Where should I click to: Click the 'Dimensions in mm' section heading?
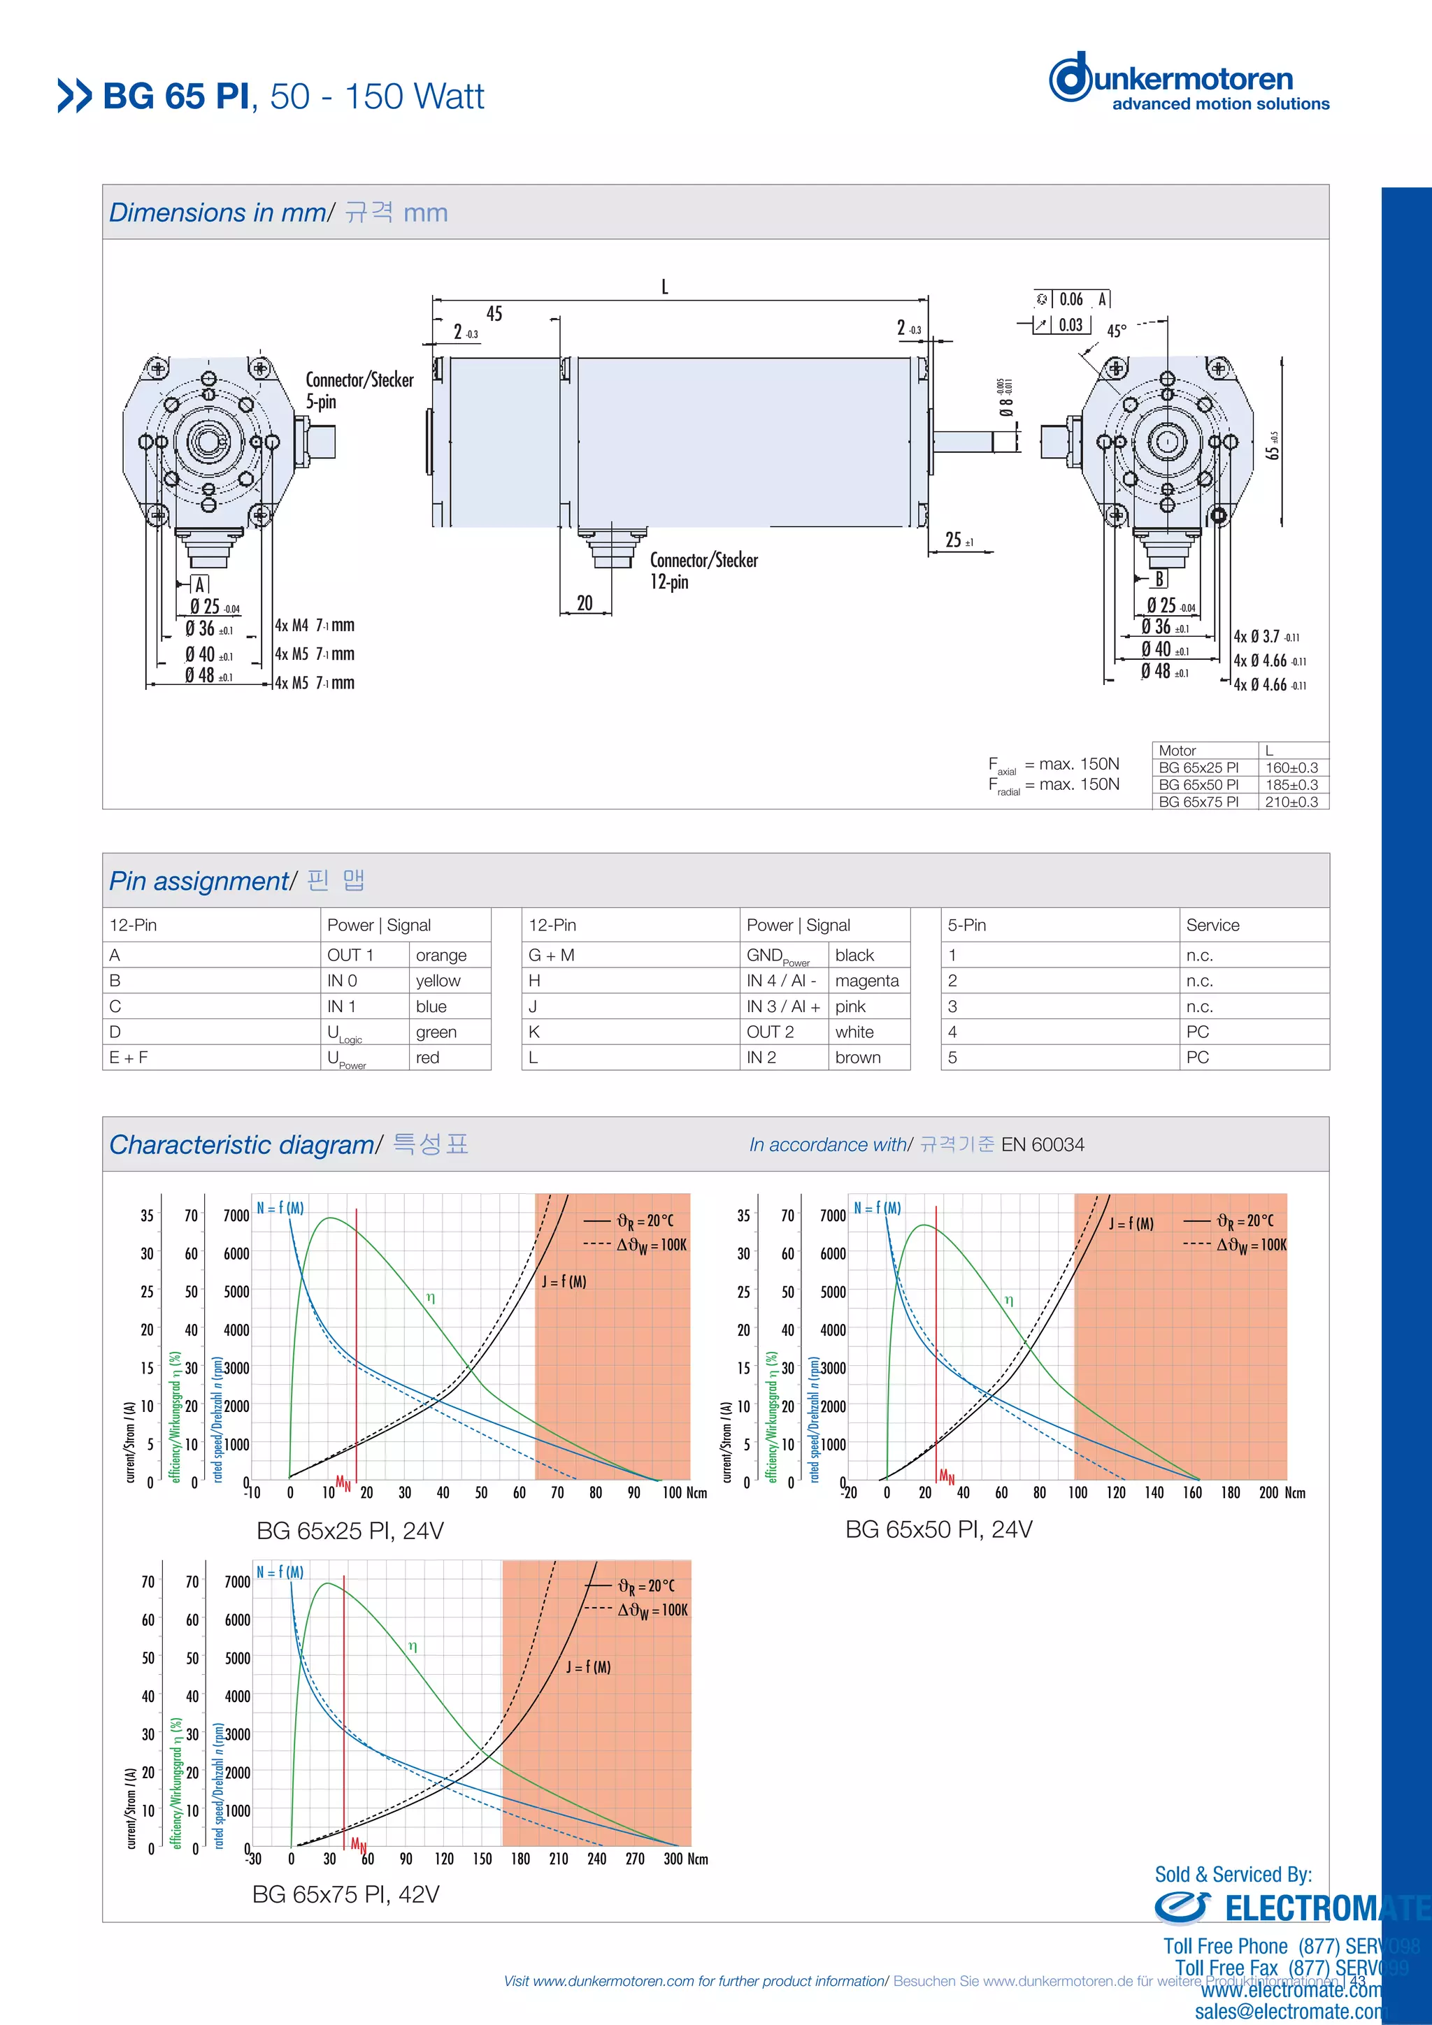click(217, 212)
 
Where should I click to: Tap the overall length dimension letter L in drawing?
click(664, 287)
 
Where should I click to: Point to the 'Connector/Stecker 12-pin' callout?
click(703, 570)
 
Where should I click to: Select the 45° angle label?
click(1116, 331)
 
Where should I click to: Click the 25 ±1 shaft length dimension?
click(958, 540)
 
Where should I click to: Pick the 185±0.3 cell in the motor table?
click(1291, 784)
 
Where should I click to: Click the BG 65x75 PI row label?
click(1198, 801)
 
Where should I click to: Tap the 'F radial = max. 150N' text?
click(1054, 785)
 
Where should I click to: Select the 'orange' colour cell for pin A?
click(441, 955)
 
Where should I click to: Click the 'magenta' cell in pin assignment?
click(866, 981)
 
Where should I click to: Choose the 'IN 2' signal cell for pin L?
click(761, 1058)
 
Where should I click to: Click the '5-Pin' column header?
click(967, 925)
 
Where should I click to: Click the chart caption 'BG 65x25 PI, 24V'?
click(350, 1530)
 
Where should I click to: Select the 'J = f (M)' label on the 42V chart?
click(587, 1667)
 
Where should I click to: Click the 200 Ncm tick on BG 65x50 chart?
click(1269, 1492)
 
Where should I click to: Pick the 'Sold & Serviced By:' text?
click(1233, 1874)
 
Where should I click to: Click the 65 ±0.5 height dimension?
click(1271, 445)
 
